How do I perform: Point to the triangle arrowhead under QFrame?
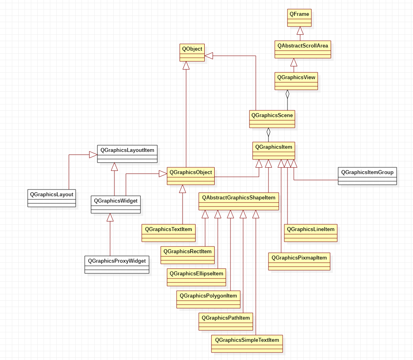point(300,30)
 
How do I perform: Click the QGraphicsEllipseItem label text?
point(196,273)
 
